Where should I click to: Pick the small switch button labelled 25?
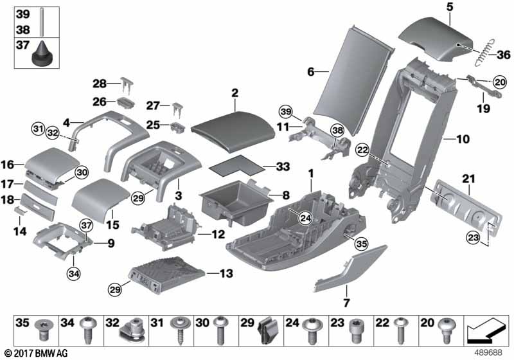point(175,125)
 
